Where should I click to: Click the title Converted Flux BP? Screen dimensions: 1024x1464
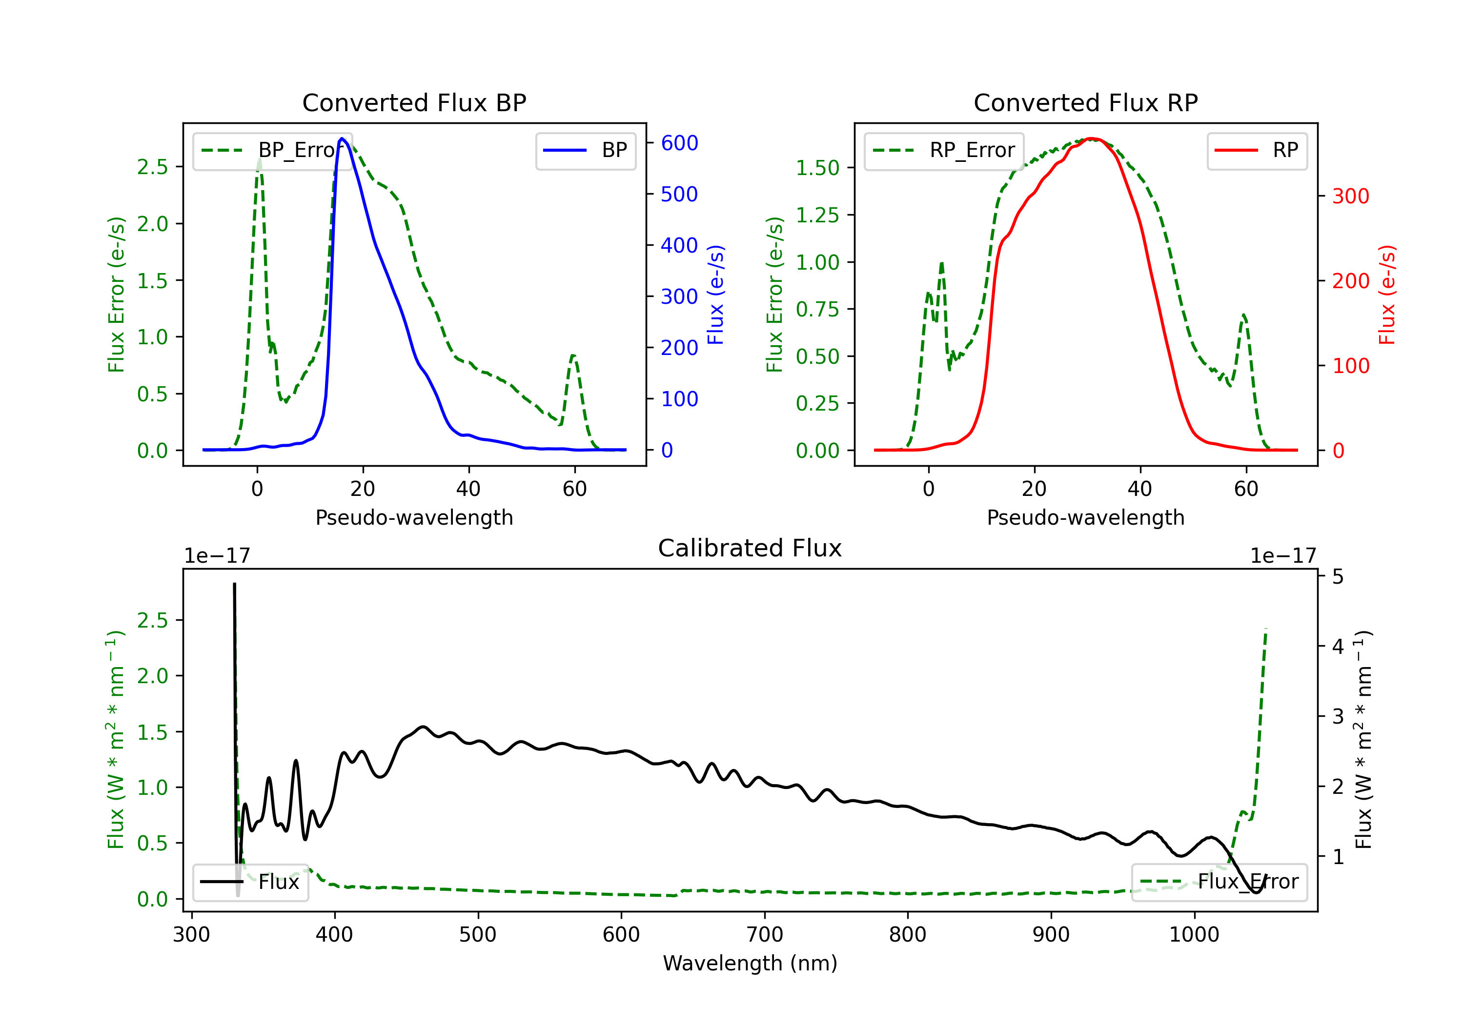pyautogui.click(x=414, y=102)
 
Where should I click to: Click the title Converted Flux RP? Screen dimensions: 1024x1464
pyautogui.click(x=1085, y=102)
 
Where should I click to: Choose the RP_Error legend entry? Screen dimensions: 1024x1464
pyautogui.click(x=944, y=150)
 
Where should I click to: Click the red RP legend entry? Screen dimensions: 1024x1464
pyautogui.click(x=1257, y=150)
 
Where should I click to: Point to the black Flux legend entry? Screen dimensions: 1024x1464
pyautogui.click(x=251, y=882)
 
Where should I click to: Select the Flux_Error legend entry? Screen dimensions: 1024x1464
pyautogui.click(x=1219, y=882)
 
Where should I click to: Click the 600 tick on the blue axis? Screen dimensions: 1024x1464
pyautogui.click(x=679, y=143)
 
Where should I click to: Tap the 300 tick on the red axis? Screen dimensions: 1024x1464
pyautogui.click(x=1350, y=196)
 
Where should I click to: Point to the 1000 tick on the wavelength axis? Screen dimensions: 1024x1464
pyautogui.click(x=1194, y=934)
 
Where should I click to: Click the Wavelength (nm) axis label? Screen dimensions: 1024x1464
pyautogui.click(x=750, y=963)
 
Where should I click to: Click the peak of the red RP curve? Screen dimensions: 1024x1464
pyautogui.click(x=1092, y=138)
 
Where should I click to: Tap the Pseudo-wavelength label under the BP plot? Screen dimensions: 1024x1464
pyautogui.click(x=414, y=517)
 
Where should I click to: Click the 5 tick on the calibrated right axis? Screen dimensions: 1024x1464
pyautogui.click(x=1338, y=577)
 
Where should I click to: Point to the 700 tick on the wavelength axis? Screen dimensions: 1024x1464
pyautogui.click(x=764, y=934)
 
